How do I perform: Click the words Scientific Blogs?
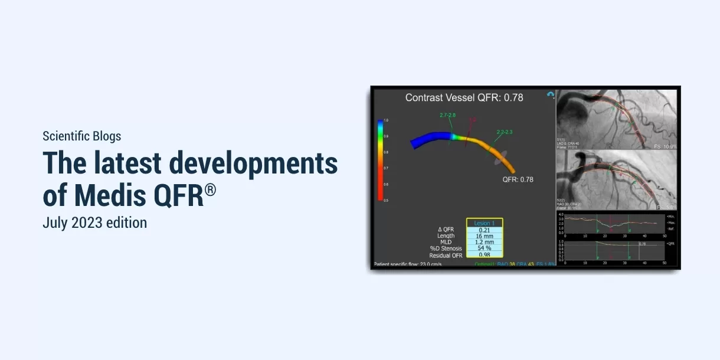[81, 136]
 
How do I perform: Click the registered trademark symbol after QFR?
[210, 190]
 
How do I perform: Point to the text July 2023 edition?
[94, 223]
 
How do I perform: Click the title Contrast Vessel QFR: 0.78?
[464, 97]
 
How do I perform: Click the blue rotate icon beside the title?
[550, 94]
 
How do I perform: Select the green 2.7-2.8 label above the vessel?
[447, 114]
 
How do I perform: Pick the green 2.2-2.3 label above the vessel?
[504, 132]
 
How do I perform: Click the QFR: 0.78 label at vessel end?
[518, 179]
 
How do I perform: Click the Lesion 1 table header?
[485, 223]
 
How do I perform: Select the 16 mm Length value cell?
[485, 235]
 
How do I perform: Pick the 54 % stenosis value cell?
[485, 248]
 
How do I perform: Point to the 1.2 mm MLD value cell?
[485, 242]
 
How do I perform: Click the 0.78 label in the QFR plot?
[642, 243]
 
